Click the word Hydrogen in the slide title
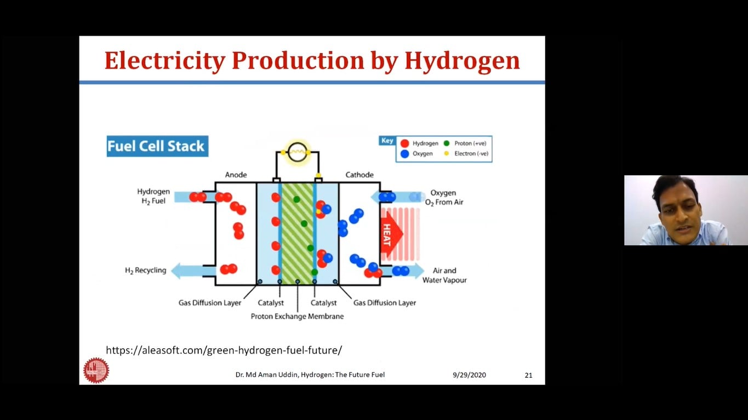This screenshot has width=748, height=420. click(x=462, y=61)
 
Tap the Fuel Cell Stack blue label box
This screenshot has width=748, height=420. click(x=158, y=146)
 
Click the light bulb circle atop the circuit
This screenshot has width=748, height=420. click(x=297, y=152)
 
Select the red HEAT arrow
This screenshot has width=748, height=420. click(x=391, y=234)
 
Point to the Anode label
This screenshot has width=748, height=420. click(x=236, y=175)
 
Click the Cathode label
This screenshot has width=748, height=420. click(x=359, y=175)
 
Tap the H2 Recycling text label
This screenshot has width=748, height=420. click(x=145, y=270)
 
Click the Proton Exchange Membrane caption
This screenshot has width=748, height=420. click(x=297, y=317)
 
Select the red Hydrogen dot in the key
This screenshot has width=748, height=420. click(x=405, y=143)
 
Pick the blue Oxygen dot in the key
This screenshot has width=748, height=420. click(x=405, y=154)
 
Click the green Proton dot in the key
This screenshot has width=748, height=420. click(x=447, y=143)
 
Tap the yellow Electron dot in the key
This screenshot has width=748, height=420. click(x=447, y=153)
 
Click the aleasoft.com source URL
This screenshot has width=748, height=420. click(x=224, y=350)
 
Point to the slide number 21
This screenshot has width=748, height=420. click(x=529, y=375)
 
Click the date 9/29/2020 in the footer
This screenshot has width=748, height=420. click(x=469, y=375)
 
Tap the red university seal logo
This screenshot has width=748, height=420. click(x=96, y=370)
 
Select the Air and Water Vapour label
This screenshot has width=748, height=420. click(x=444, y=275)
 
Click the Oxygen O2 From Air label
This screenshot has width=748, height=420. click(x=444, y=198)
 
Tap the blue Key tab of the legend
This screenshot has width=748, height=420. click(x=387, y=140)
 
